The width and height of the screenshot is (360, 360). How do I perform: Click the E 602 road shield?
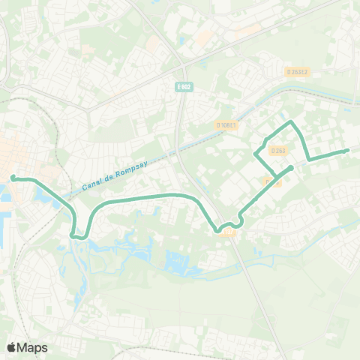(184, 86)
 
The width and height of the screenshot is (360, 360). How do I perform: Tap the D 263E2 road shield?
(298, 72)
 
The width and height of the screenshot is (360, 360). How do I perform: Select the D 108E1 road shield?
(228, 125)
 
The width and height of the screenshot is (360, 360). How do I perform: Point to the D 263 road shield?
(278, 150)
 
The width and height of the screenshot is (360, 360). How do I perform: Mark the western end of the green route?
(13, 178)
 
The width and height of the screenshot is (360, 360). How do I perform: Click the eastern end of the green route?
(346, 151)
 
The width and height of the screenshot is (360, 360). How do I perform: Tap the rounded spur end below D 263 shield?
(289, 166)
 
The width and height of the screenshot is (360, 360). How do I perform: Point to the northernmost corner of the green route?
(291, 120)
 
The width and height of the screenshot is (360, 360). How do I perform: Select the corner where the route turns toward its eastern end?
(309, 159)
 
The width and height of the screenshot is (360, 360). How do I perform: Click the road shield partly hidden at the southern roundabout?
(229, 233)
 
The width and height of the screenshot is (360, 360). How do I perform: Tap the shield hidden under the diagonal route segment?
(271, 181)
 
